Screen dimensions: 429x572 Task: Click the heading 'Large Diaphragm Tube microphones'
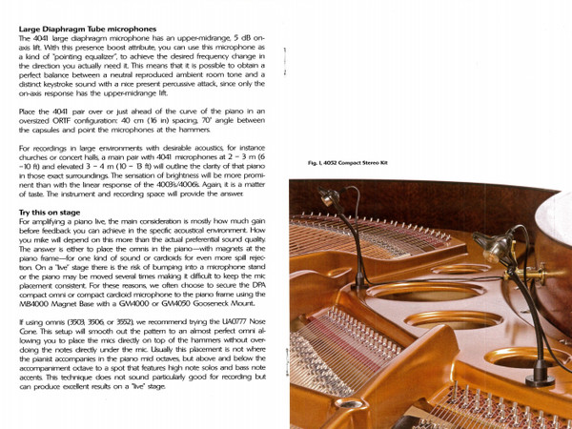[x=80, y=30]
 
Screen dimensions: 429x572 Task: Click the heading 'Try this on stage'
[x=49, y=210]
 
